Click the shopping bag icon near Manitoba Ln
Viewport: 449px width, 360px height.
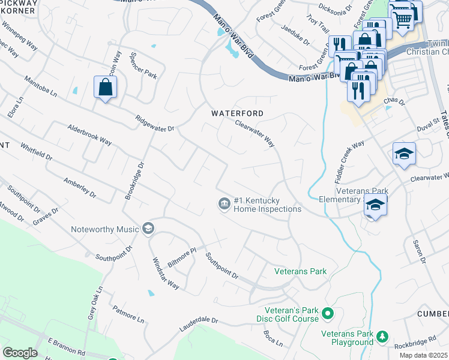coord(106,88)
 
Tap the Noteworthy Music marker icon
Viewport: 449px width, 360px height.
coord(148,228)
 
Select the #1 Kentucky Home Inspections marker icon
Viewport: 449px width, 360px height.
coord(223,204)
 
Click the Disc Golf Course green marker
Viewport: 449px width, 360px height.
coord(328,313)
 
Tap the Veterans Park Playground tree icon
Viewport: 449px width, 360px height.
coord(381,338)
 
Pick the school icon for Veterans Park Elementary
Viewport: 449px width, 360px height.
coord(375,206)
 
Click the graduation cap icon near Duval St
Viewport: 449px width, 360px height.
coord(404,154)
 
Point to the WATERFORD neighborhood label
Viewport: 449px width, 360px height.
coord(237,113)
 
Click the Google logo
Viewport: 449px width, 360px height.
coord(20,353)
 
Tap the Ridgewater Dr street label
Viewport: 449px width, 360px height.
coord(154,124)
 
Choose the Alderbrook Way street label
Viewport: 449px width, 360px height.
coord(89,135)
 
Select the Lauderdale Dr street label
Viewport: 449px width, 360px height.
coord(199,324)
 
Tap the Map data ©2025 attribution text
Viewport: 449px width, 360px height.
coord(423,355)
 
